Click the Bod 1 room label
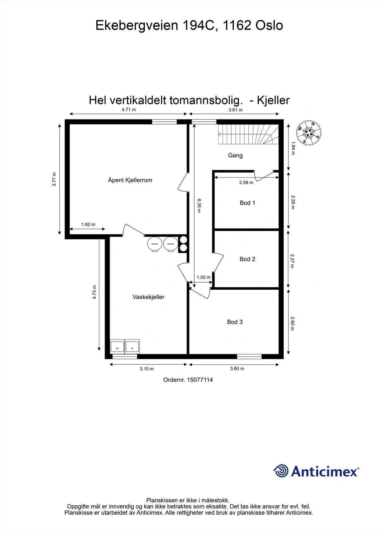click(247, 203)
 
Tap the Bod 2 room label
click(247, 259)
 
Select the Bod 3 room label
click(235, 322)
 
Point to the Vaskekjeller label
click(148, 297)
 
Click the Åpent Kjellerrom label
click(130, 180)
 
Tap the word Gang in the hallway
click(235, 155)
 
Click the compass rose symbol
click(309, 133)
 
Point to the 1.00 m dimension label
click(204, 277)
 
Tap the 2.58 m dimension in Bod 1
click(246, 183)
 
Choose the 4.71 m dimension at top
click(129, 109)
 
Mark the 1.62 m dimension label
click(88, 224)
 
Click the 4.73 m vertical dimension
click(95, 292)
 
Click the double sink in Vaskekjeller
click(125, 346)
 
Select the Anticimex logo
click(316, 471)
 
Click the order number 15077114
click(200, 379)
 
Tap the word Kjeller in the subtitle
click(273, 100)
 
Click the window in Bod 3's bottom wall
click(249, 356)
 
